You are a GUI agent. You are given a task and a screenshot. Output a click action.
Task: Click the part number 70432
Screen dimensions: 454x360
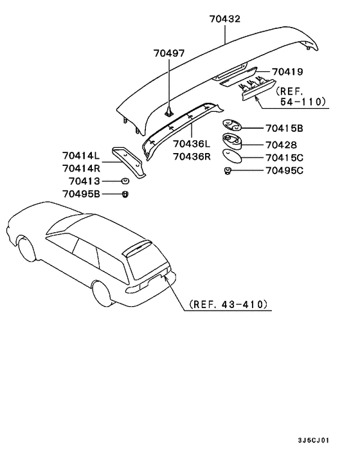[x=224, y=20]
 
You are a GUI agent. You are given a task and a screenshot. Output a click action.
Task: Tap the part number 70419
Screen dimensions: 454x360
[x=287, y=72]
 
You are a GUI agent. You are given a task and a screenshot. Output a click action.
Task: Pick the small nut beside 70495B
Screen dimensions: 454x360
[x=125, y=194]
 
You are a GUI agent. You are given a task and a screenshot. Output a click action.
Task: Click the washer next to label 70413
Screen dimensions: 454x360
[x=125, y=181]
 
